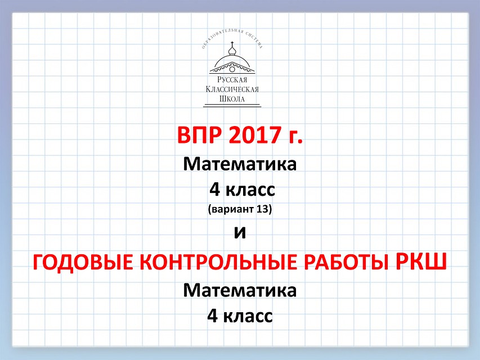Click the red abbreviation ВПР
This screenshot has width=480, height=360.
point(199,135)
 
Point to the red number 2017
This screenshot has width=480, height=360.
point(255,135)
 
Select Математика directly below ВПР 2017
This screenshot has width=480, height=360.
point(240,164)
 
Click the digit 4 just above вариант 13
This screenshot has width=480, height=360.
point(214,190)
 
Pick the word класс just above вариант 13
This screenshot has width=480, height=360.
point(250,191)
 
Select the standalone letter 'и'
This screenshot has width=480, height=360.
point(240,233)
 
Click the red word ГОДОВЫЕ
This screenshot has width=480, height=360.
point(83,262)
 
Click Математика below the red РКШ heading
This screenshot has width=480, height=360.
point(240,290)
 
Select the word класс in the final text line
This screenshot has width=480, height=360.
point(248,317)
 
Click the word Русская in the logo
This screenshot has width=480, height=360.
point(232,80)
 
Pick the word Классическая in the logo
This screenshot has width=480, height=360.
point(232,89)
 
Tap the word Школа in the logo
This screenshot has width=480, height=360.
point(232,99)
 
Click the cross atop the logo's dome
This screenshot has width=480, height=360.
point(232,43)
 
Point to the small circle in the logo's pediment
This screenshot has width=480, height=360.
point(232,70)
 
